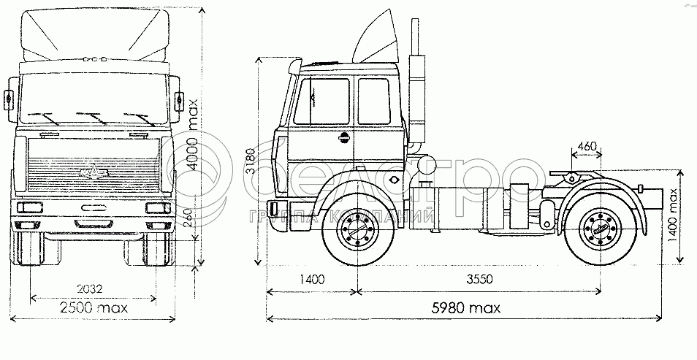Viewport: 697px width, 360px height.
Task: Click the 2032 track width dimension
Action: click(89, 289)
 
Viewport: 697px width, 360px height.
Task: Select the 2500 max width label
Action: click(94, 307)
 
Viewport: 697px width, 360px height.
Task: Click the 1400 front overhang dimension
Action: click(311, 280)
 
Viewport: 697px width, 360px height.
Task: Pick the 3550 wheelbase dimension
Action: click(479, 279)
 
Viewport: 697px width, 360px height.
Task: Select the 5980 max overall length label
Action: click(466, 307)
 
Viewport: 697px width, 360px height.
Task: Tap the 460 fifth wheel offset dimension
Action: click(587, 146)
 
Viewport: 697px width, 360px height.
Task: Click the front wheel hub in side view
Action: click(358, 231)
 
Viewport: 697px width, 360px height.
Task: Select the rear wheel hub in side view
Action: click(601, 230)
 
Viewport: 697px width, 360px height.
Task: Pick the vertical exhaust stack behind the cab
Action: click(416, 85)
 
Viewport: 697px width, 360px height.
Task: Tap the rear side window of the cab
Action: click(374, 101)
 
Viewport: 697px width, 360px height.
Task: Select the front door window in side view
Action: click(322, 102)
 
